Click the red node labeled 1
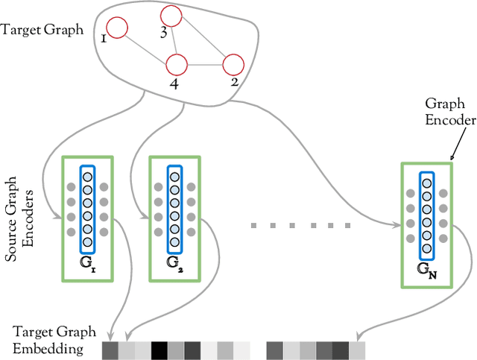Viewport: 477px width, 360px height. pyautogui.click(x=117, y=28)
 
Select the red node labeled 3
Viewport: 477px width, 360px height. pyautogui.click(x=171, y=16)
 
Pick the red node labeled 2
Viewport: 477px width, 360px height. pyautogui.click(x=233, y=64)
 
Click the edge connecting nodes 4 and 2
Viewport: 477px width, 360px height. pyautogui.click(x=205, y=64)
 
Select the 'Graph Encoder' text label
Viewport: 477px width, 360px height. pyautogui.click(x=446, y=112)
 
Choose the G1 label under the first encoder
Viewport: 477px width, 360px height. pyautogui.click(x=88, y=264)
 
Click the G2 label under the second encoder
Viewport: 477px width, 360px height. pyautogui.click(x=174, y=264)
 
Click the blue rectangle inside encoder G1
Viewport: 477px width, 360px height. pyautogui.click(x=88, y=209)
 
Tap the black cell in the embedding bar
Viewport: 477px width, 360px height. pyautogui.click(x=159, y=350)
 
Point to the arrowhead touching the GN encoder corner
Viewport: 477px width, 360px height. pyautogui.click(x=452, y=159)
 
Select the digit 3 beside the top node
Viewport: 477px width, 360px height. pyautogui.click(x=163, y=33)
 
